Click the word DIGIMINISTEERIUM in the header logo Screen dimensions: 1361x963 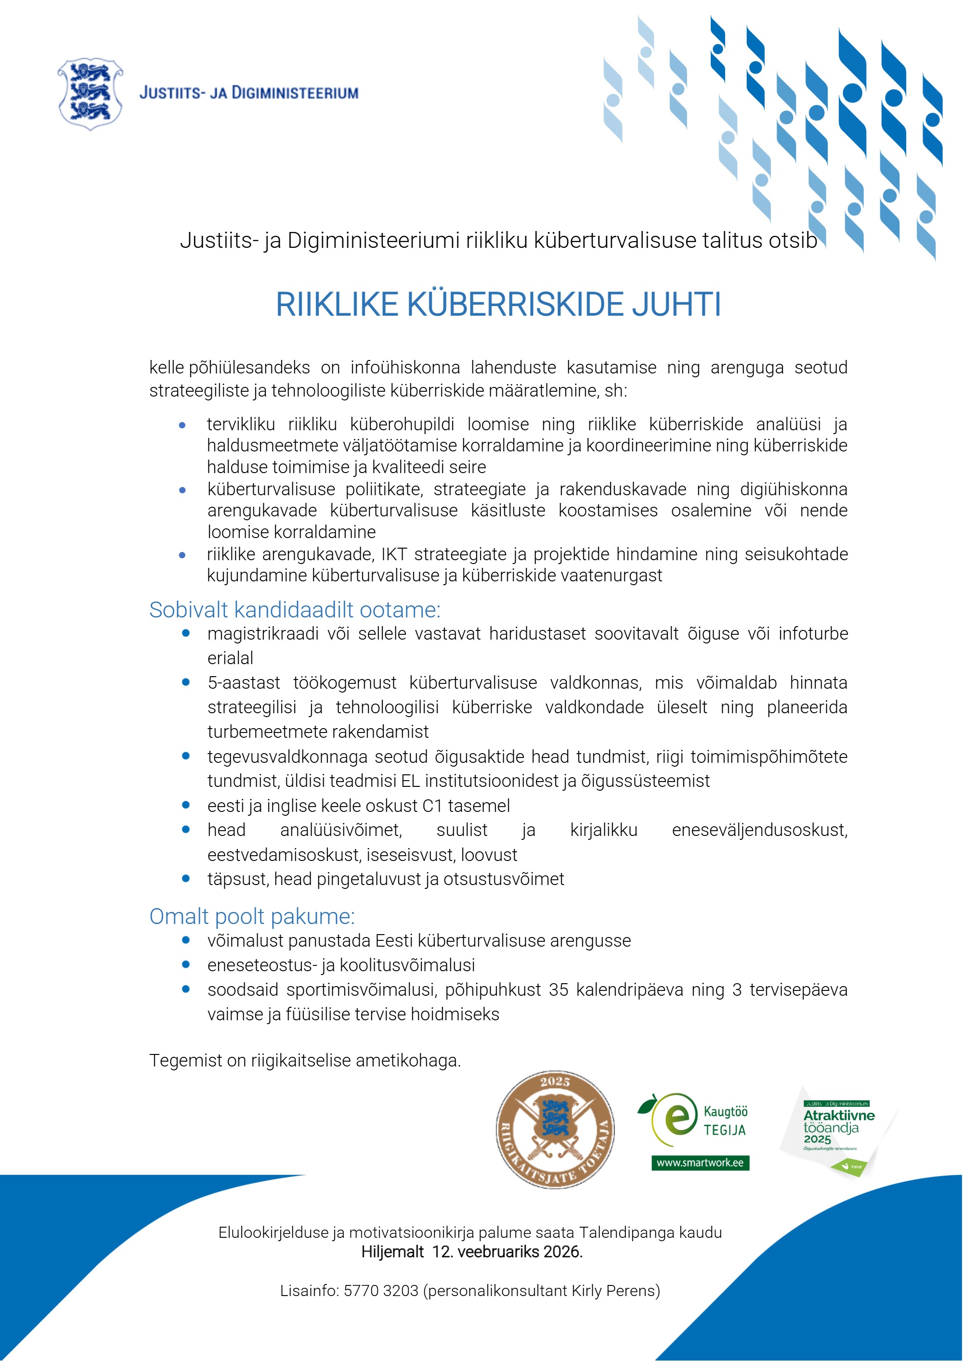(x=295, y=93)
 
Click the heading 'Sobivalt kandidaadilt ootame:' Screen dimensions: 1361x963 (x=295, y=610)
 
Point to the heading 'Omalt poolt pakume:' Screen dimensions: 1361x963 (x=252, y=916)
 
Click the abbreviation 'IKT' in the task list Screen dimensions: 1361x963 (x=394, y=554)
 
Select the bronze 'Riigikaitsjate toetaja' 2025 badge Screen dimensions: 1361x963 (x=555, y=1129)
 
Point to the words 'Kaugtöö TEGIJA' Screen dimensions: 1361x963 (x=725, y=1121)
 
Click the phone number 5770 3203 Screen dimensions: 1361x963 (x=381, y=1290)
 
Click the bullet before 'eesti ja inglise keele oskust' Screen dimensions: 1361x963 (x=185, y=805)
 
